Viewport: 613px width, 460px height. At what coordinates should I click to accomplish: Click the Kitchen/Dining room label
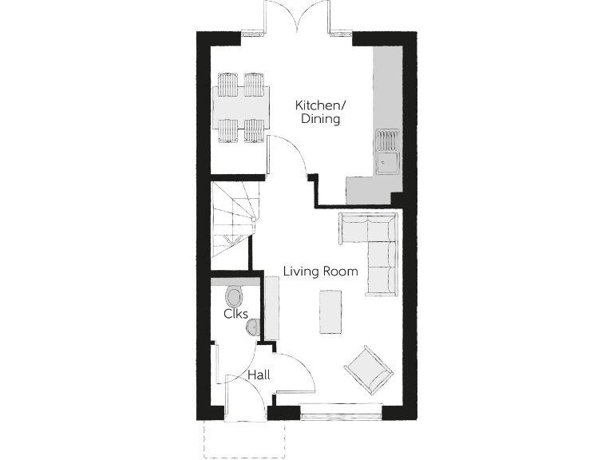(x=319, y=112)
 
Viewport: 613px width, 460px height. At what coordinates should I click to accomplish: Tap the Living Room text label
(x=321, y=272)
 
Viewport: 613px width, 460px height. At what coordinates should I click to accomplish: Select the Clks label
(x=235, y=315)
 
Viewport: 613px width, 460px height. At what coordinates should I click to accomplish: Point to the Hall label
(x=258, y=375)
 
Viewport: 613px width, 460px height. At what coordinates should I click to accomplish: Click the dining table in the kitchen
(x=242, y=107)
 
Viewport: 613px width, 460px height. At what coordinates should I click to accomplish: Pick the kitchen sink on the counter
(x=388, y=152)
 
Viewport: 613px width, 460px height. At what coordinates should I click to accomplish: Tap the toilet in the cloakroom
(x=235, y=297)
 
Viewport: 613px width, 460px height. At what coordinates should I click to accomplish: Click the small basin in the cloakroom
(x=253, y=327)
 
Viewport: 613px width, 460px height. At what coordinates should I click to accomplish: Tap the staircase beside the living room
(x=231, y=219)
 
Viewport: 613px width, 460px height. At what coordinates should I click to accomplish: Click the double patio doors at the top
(x=296, y=18)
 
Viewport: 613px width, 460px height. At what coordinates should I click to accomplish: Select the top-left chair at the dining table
(x=228, y=84)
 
